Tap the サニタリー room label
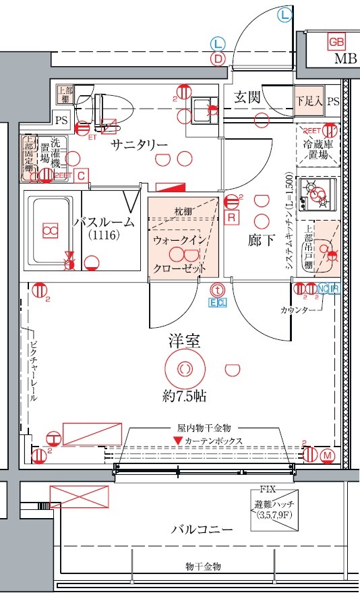139,144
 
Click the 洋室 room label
184,342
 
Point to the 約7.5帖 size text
184,396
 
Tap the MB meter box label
345,59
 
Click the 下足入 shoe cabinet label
309,101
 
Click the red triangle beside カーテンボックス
177,440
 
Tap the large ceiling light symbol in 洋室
183,369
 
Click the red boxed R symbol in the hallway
231,217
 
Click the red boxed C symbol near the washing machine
81,175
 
